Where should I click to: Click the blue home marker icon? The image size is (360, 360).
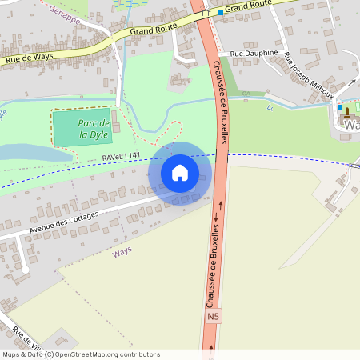180,172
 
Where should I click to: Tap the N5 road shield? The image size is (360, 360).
212,318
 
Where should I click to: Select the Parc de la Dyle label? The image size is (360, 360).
94,129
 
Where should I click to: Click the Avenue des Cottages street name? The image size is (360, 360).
63,221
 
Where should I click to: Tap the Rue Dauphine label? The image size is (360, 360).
254,53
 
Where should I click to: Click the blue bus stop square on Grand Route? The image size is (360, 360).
221,13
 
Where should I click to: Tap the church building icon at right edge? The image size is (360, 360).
350,121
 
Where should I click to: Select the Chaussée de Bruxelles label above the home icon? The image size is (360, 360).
222,101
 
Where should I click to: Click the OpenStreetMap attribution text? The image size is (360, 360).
80,354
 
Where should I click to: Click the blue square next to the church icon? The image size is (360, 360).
340,107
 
